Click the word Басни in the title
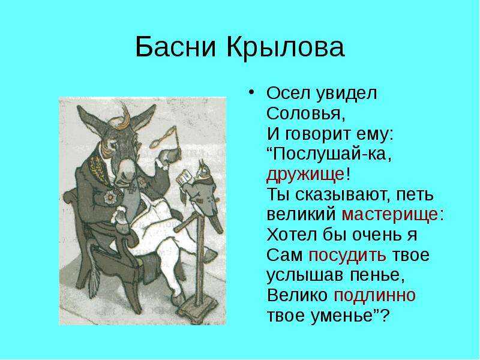176,47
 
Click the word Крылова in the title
286,47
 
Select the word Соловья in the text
306,113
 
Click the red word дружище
305,175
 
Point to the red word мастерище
389,215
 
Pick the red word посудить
347,255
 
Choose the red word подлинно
374,295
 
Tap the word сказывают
340,194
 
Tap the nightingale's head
202,169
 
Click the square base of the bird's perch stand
198,310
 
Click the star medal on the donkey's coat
109,197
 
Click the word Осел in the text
287,94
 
